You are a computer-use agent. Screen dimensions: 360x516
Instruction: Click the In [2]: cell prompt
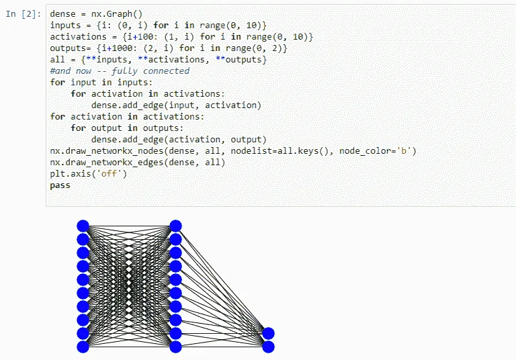pyautogui.click(x=24, y=14)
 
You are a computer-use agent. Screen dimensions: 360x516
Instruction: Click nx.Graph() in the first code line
pyautogui.click(x=115, y=14)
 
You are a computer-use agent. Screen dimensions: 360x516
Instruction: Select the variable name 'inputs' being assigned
pyautogui.click(x=65, y=26)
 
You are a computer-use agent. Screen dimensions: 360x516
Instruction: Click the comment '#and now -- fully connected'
pyautogui.click(x=120, y=71)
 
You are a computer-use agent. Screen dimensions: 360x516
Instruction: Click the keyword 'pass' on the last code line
pyautogui.click(x=60, y=185)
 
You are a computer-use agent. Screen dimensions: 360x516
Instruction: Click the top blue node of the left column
pyautogui.click(x=83, y=226)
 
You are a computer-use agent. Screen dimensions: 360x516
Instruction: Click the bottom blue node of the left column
pyautogui.click(x=83, y=347)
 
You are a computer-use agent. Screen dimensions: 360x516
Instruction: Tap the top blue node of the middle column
pyautogui.click(x=176, y=226)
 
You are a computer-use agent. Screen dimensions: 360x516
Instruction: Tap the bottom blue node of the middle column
pyautogui.click(x=176, y=347)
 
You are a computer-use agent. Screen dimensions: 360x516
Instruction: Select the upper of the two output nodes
pyautogui.click(x=268, y=333)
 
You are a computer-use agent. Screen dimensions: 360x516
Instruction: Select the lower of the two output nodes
pyautogui.click(x=268, y=347)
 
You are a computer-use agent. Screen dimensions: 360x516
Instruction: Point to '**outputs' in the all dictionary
pyautogui.click(x=241, y=60)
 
